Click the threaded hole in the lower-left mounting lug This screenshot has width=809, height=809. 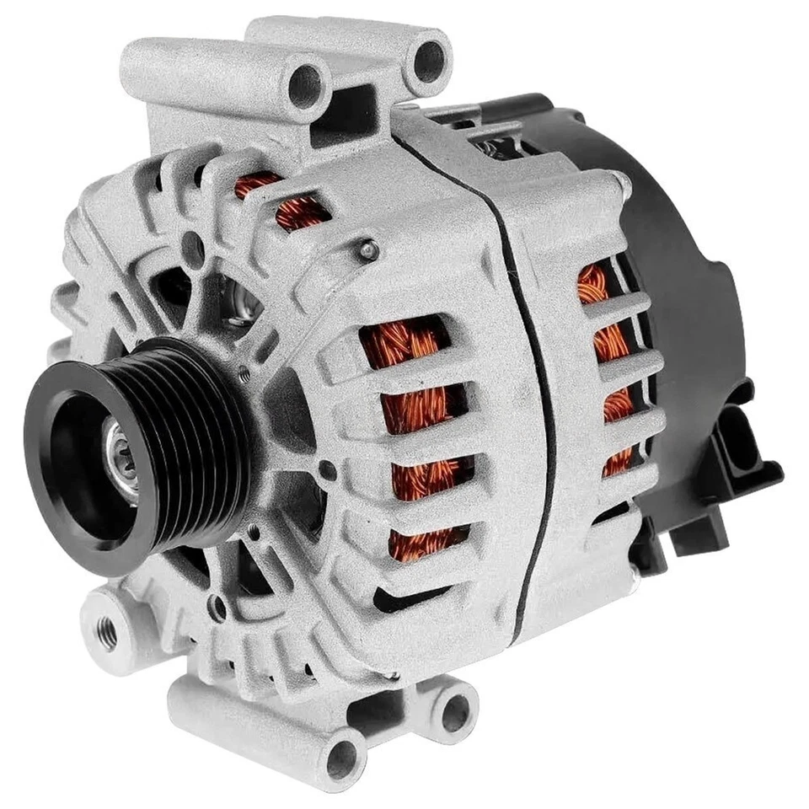click(108, 628)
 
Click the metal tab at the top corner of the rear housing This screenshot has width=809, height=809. click(622, 179)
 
